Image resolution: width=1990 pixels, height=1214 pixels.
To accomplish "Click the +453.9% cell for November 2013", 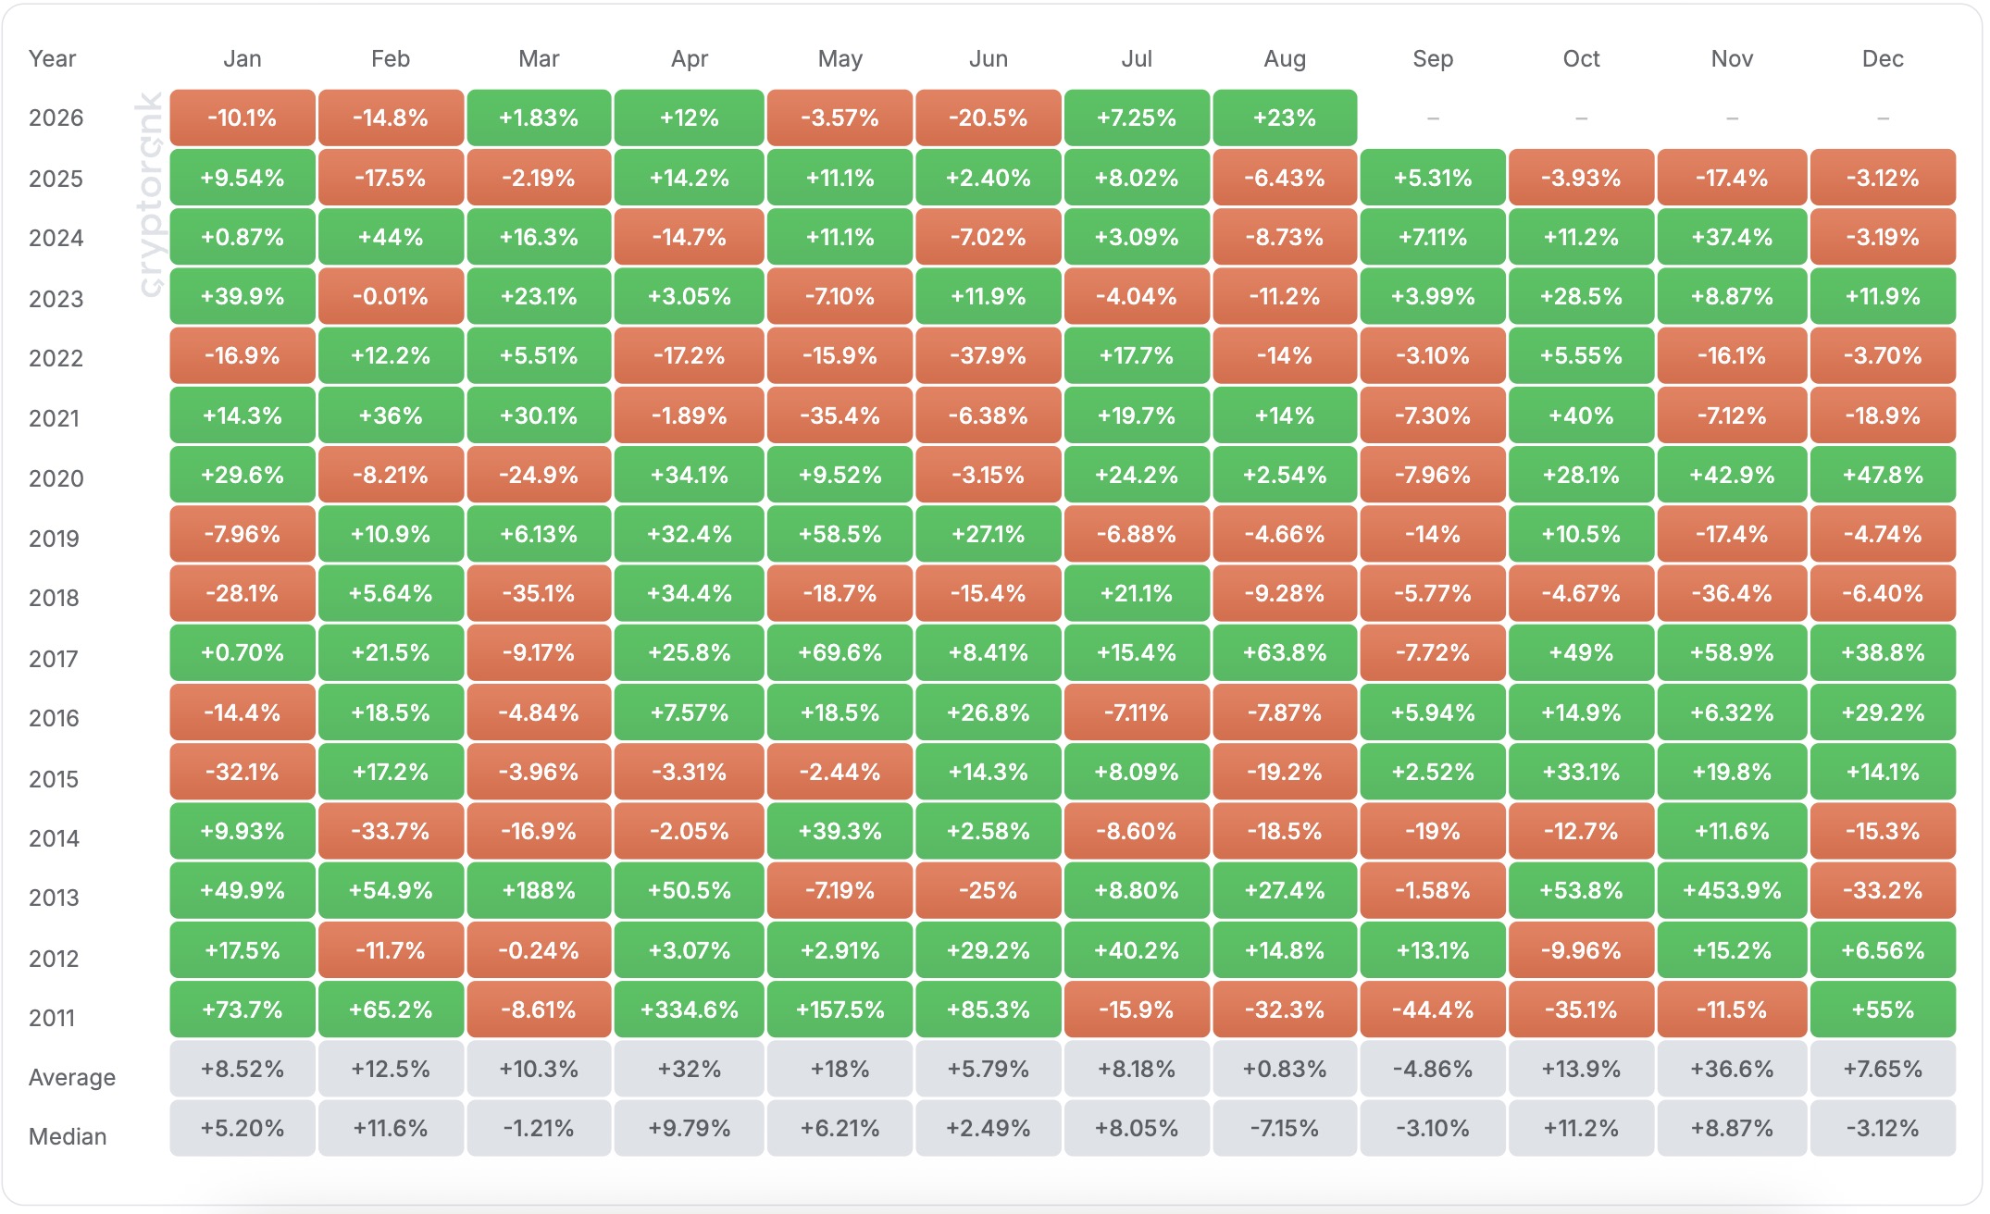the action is (x=1732, y=890).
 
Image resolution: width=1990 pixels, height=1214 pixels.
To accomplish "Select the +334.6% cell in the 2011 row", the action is (x=690, y=1010).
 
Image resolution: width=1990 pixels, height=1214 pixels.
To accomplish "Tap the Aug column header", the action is (x=1285, y=59).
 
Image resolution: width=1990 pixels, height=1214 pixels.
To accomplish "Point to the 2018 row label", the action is (x=54, y=598).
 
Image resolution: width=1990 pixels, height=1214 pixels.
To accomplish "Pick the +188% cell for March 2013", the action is (x=539, y=890).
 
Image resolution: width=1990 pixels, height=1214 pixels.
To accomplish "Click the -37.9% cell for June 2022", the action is (x=989, y=356).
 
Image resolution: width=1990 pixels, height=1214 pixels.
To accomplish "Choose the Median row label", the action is (x=68, y=1136).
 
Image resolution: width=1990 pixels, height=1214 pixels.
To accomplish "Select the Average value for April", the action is (x=690, y=1069).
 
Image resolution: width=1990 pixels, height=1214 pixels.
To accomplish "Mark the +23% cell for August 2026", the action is (x=1285, y=118).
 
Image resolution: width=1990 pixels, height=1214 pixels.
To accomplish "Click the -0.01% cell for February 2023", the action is (x=391, y=297).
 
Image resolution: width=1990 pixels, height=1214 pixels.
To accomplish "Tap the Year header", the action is (x=52, y=59).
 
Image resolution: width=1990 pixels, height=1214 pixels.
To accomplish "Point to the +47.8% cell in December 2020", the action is (x=1883, y=475).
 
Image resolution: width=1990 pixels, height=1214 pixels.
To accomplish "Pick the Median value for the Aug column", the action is (x=1285, y=1128).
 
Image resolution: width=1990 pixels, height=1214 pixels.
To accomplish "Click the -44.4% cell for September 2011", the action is (x=1433, y=1010).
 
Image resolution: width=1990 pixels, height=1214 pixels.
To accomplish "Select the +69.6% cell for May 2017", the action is (x=840, y=653).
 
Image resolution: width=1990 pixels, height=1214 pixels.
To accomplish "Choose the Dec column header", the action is (x=1883, y=59).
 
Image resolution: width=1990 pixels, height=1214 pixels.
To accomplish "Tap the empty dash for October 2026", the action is (x=1581, y=118).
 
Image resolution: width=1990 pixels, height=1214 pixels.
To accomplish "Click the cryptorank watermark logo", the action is (x=150, y=194).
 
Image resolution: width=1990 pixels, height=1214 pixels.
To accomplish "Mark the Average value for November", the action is (x=1732, y=1069).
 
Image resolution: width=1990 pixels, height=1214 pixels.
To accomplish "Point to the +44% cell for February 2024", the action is (x=391, y=237).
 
